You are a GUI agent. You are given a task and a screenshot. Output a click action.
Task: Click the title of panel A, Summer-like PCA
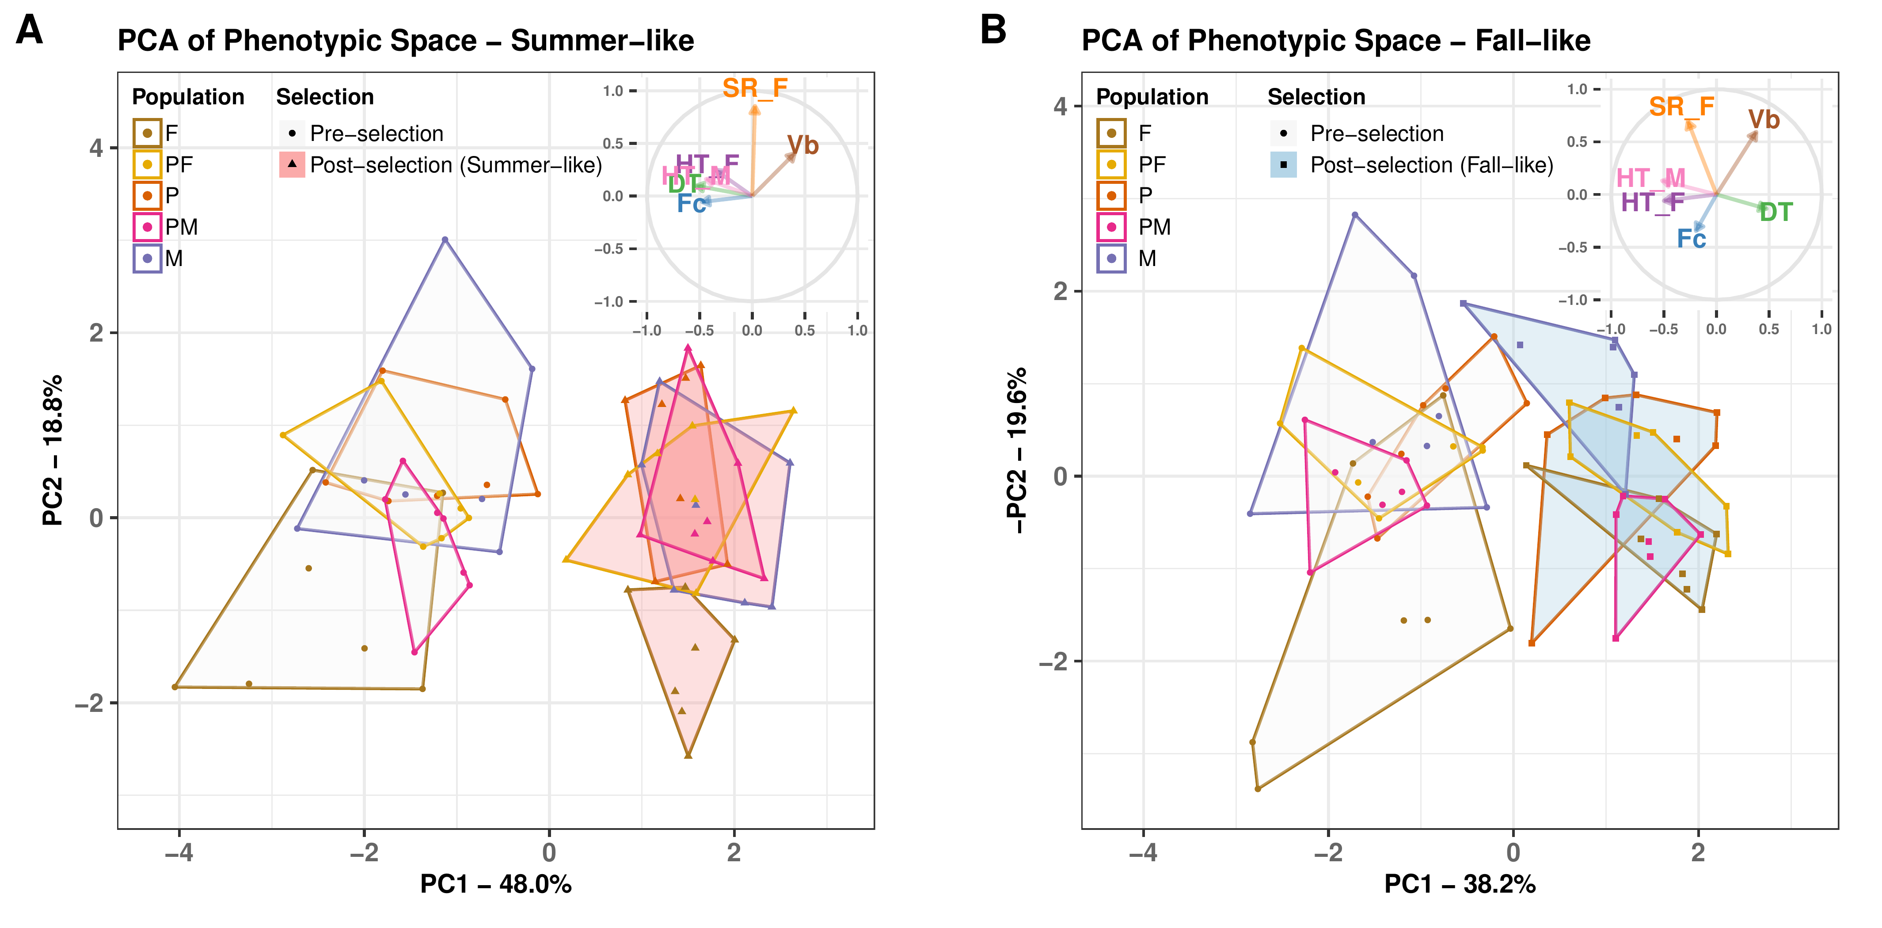pos(406,41)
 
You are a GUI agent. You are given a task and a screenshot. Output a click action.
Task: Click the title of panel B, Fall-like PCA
pos(1335,41)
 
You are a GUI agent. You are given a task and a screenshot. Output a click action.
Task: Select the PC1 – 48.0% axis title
pos(495,884)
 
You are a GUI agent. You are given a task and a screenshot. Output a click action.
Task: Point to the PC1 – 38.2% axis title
pos(1460,884)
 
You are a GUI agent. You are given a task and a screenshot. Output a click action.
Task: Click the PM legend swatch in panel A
pos(147,227)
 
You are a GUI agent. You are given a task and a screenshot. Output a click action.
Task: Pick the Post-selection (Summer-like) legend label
pos(456,165)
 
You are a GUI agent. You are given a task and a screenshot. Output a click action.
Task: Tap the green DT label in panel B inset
pos(1776,213)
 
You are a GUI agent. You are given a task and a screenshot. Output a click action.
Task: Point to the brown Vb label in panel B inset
pos(1764,120)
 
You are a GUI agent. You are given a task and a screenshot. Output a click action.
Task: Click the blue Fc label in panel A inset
pos(691,204)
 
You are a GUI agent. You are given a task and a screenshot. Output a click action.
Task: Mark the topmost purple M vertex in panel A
pos(445,240)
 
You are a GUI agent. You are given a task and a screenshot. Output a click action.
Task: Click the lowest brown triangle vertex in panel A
pos(688,755)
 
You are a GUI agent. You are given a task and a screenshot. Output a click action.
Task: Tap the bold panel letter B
pos(993,30)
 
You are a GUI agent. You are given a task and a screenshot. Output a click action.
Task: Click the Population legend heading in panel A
pos(188,97)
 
